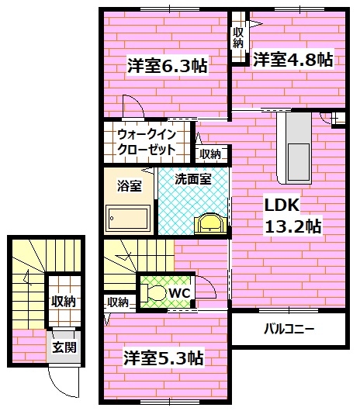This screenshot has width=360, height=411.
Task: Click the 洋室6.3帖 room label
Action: (x=167, y=66)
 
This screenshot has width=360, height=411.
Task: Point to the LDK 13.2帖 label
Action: (x=293, y=216)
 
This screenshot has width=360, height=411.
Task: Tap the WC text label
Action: (x=179, y=292)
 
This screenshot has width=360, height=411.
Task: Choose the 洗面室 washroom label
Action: (x=192, y=178)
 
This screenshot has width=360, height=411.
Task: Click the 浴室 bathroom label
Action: (x=130, y=185)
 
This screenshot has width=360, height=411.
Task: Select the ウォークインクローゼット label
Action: (x=147, y=142)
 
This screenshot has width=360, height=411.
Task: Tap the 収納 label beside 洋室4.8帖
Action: (x=237, y=37)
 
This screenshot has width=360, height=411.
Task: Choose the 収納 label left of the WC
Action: (x=118, y=302)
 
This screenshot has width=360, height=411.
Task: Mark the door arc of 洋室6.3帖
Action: (x=133, y=108)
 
